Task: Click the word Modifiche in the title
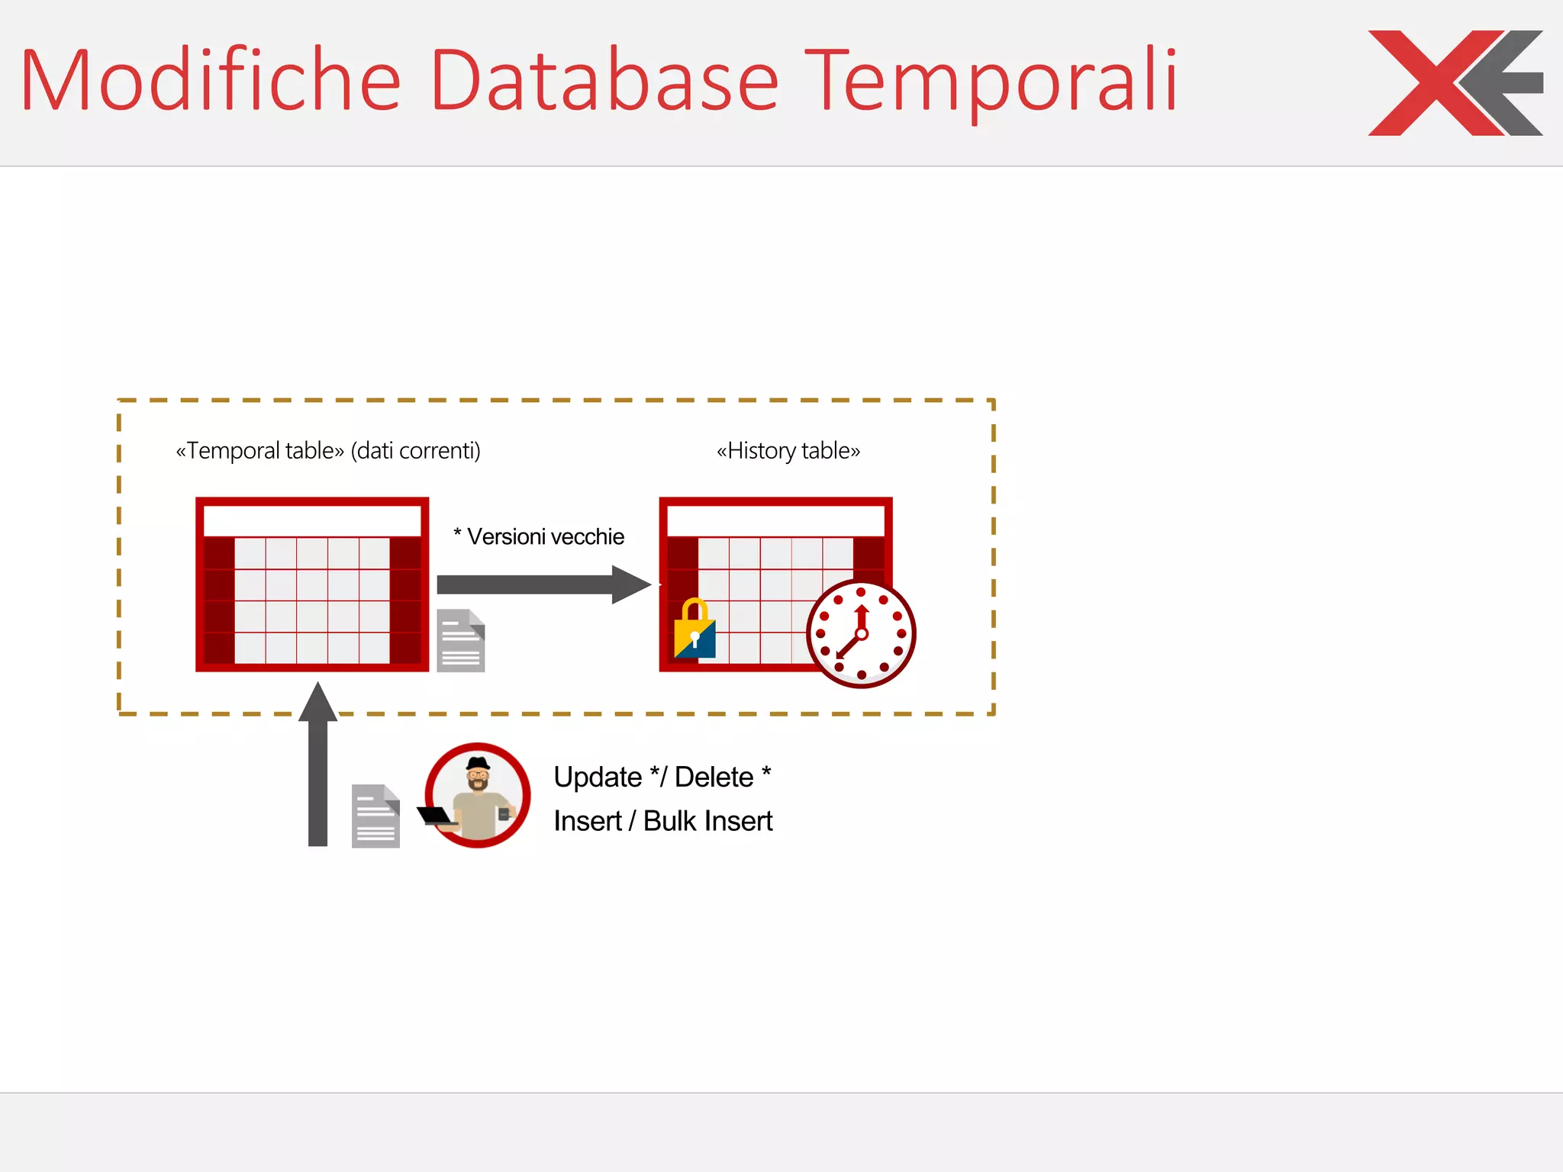(x=210, y=80)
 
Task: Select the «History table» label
(x=788, y=451)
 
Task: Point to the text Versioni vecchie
(x=545, y=536)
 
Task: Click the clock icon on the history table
(x=861, y=633)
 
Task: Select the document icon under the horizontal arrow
(x=461, y=640)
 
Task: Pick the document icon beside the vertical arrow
(x=375, y=816)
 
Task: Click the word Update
(x=598, y=777)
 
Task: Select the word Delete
(x=714, y=777)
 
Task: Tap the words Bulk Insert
(x=707, y=821)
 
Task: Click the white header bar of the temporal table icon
(x=312, y=521)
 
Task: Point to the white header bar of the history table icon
(x=775, y=521)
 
